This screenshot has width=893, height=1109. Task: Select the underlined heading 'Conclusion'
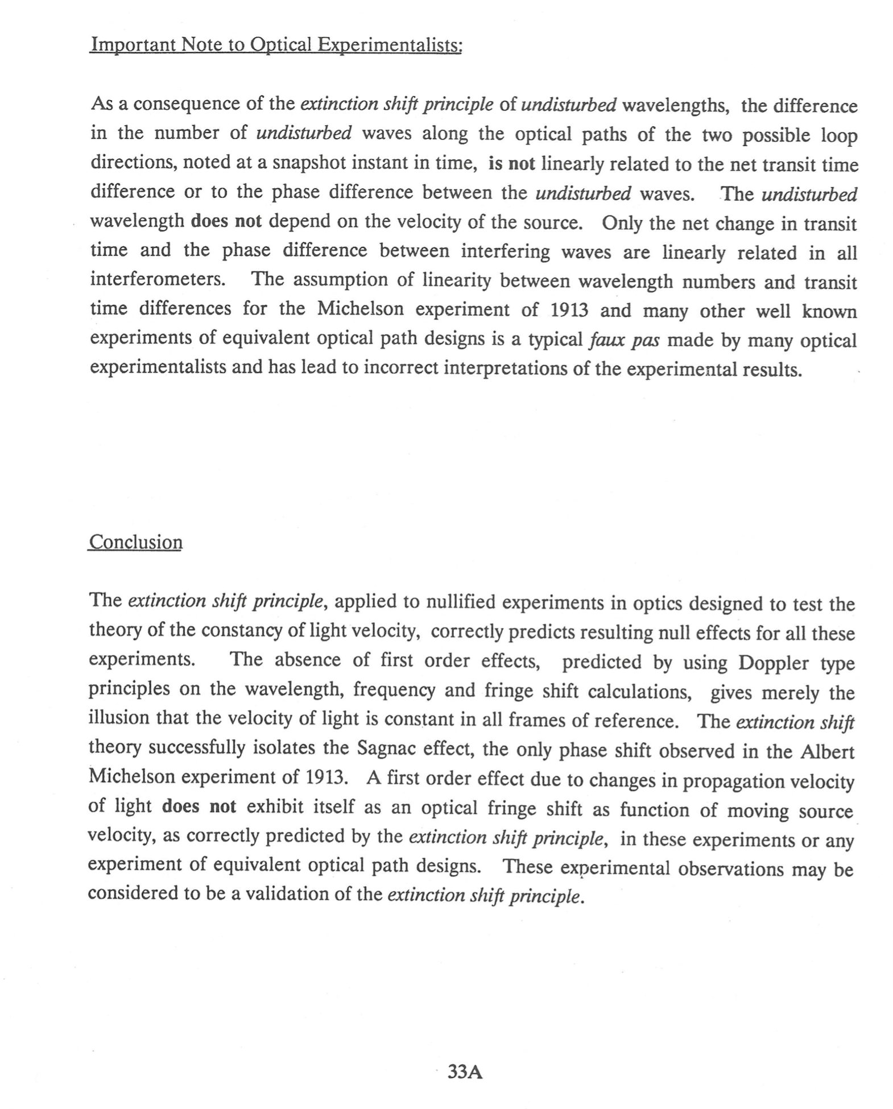click(x=135, y=542)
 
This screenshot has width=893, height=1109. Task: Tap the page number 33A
click(x=465, y=1071)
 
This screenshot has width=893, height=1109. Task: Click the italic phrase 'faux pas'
click(x=624, y=340)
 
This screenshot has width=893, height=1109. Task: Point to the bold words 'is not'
click(x=511, y=164)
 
